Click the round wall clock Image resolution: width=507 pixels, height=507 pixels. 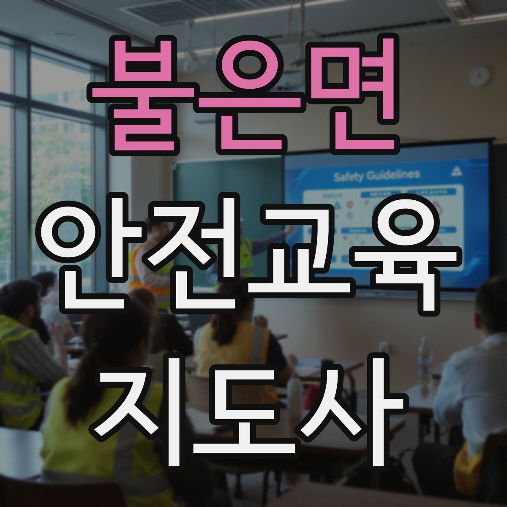click(x=480, y=76)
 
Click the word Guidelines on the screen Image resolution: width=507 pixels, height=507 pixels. click(x=393, y=174)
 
